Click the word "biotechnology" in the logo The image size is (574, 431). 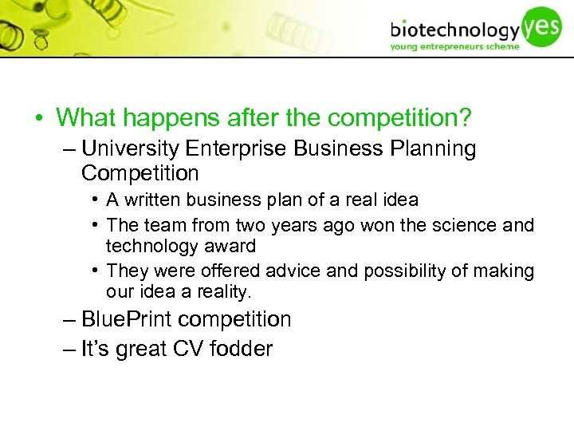[x=454, y=30]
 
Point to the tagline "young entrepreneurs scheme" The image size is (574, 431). [x=454, y=46]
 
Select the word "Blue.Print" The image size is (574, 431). [x=128, y=320]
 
